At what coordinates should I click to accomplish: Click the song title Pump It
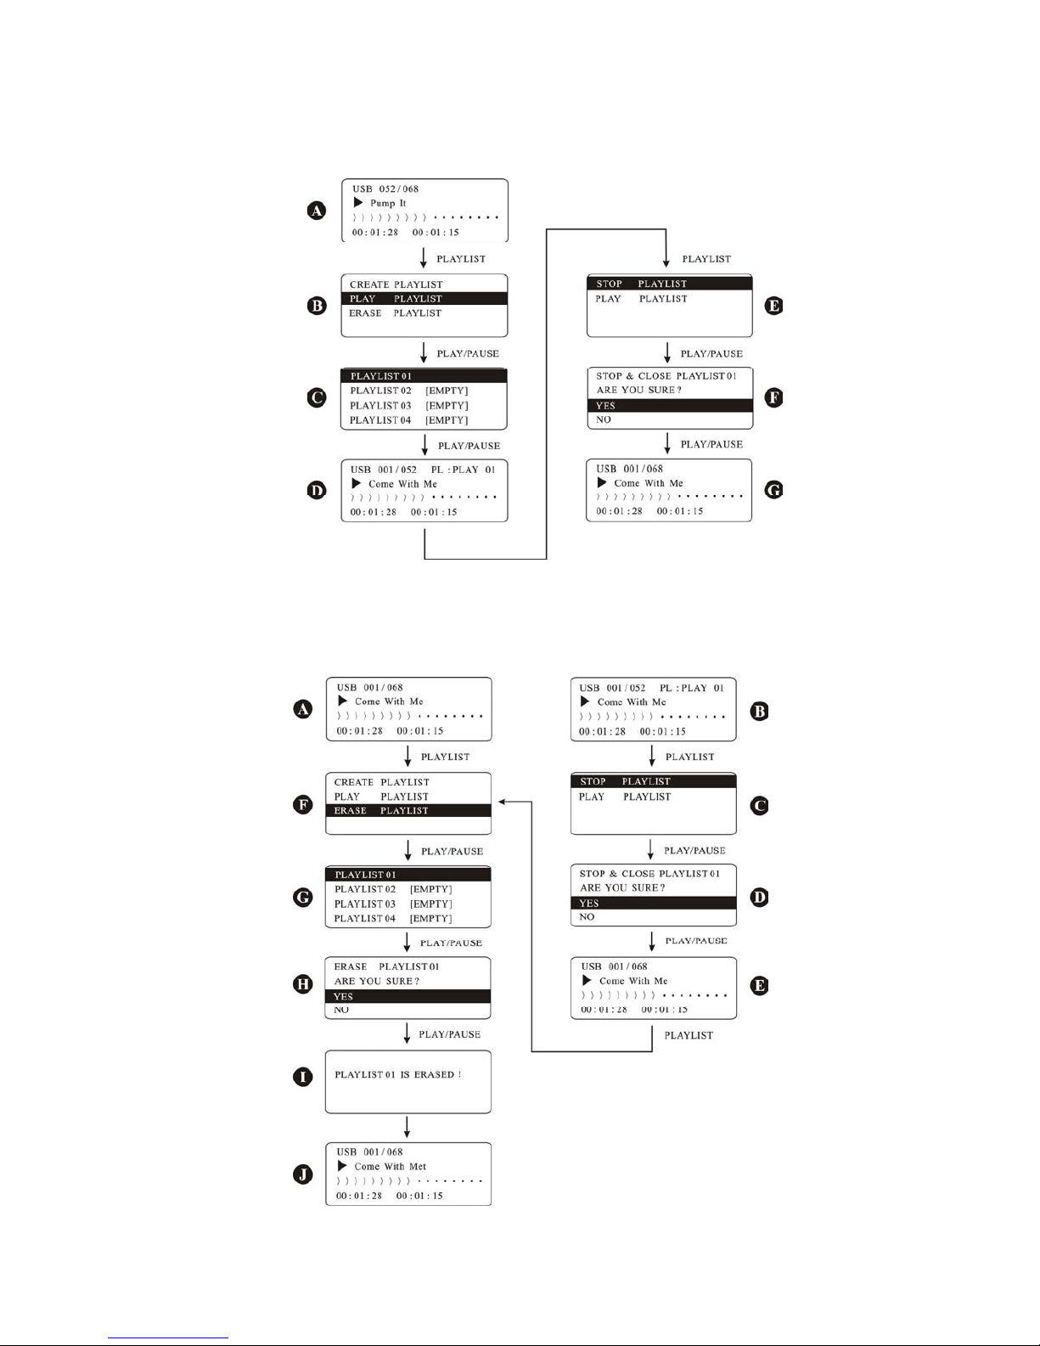pyautogui.click(x=388, y=203)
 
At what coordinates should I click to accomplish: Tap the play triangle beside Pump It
pyautogui.click(x=357, y=203)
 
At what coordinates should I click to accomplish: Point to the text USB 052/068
pyautogui.click(x=385, y=189)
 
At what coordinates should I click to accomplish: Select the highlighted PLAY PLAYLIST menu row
pyautogui.click(x=424, y=299)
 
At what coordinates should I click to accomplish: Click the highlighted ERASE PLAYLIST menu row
pyautogui.click(x=408, y=810)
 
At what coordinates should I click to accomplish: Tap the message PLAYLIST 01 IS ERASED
pyautogui.click(x=397, y=1075)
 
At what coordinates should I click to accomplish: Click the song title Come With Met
pyautogui.click(x=390, y=1166)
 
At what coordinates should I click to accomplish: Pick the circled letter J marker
pyautogui.click(x=303, y=1174)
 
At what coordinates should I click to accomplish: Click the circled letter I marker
pyautogui.click(x=303, y=1077)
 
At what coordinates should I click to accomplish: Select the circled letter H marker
pyautogui.click(x=303, y=984)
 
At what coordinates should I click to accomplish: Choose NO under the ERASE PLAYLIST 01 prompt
pyautogui.click(x=341, y=1011)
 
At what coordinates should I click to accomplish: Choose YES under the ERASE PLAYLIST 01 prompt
pyautogui.click(x=343, y=997)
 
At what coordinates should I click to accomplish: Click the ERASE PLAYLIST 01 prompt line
pyautogui.click(x=386, y=967)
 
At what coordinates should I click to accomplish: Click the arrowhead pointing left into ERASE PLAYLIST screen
pyautogui.click(x=502, y=802)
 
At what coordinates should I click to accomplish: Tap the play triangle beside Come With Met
pyautogui.click(x=341, y=1166)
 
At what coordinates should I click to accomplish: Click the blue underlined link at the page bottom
pyautogui.click(x=168, y=1338)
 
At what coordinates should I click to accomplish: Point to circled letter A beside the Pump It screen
pyautogui.click(x=317, y=211)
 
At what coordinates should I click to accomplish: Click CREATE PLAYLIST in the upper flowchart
pyautogui.click(x=396, y=284)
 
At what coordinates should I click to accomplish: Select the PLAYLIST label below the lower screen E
pyautogui.click(x=689, y=1036)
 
